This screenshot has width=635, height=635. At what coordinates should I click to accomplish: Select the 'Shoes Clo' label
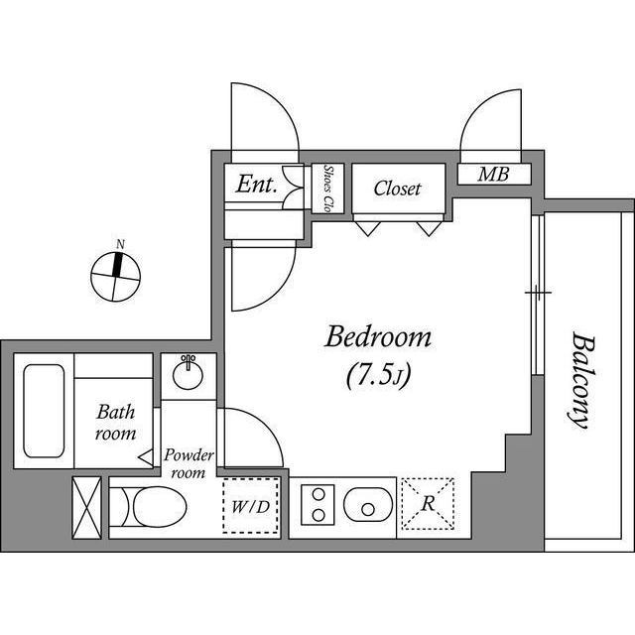coord(327,189)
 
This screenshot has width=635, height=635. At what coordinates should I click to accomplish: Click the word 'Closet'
coord(397,189)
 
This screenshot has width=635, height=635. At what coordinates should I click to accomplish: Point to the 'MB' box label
coord(493,176)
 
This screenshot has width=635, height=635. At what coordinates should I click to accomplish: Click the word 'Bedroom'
coord(379,338)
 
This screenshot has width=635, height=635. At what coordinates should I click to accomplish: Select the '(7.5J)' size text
coord(378,376)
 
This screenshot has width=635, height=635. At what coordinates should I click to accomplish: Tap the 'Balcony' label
coord(580,380)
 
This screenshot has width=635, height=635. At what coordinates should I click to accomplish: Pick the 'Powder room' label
coord(190,463)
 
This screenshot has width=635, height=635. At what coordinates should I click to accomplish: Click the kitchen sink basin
coord(368,506)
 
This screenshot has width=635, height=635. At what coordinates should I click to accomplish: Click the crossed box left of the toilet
coord(87,507)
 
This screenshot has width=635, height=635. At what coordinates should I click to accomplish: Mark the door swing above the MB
coord(489,124)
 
